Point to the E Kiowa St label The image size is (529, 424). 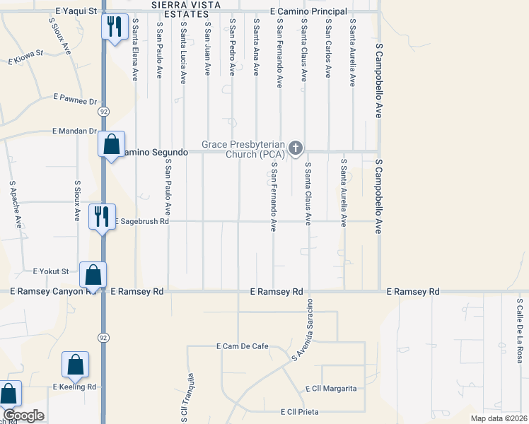click(x=26, y=53)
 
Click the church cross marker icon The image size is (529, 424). click(x=296, y=148)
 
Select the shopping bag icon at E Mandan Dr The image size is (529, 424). click(x=112, y=144)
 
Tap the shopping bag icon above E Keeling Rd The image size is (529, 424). click(x=76, y=365)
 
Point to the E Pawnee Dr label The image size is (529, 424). click(x=74, y=101)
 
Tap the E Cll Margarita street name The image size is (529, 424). click(x=331, y=389)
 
